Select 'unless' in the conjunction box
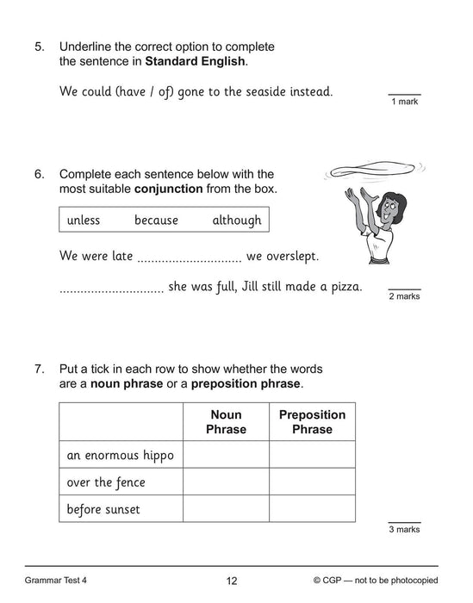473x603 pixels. (84, 221)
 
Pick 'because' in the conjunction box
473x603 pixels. (156, 221)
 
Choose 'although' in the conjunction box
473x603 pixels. (236, 221)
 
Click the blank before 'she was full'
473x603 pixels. (111, 287)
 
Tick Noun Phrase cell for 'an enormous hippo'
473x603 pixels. (226, 454)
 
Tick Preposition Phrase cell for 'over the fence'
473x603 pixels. (312, 482)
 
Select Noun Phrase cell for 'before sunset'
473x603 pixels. (226, 509)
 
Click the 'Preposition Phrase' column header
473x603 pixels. (312, 422)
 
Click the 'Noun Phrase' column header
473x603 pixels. (226, 422)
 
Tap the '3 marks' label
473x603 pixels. (402, 530)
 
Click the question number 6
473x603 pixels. (39, 174)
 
